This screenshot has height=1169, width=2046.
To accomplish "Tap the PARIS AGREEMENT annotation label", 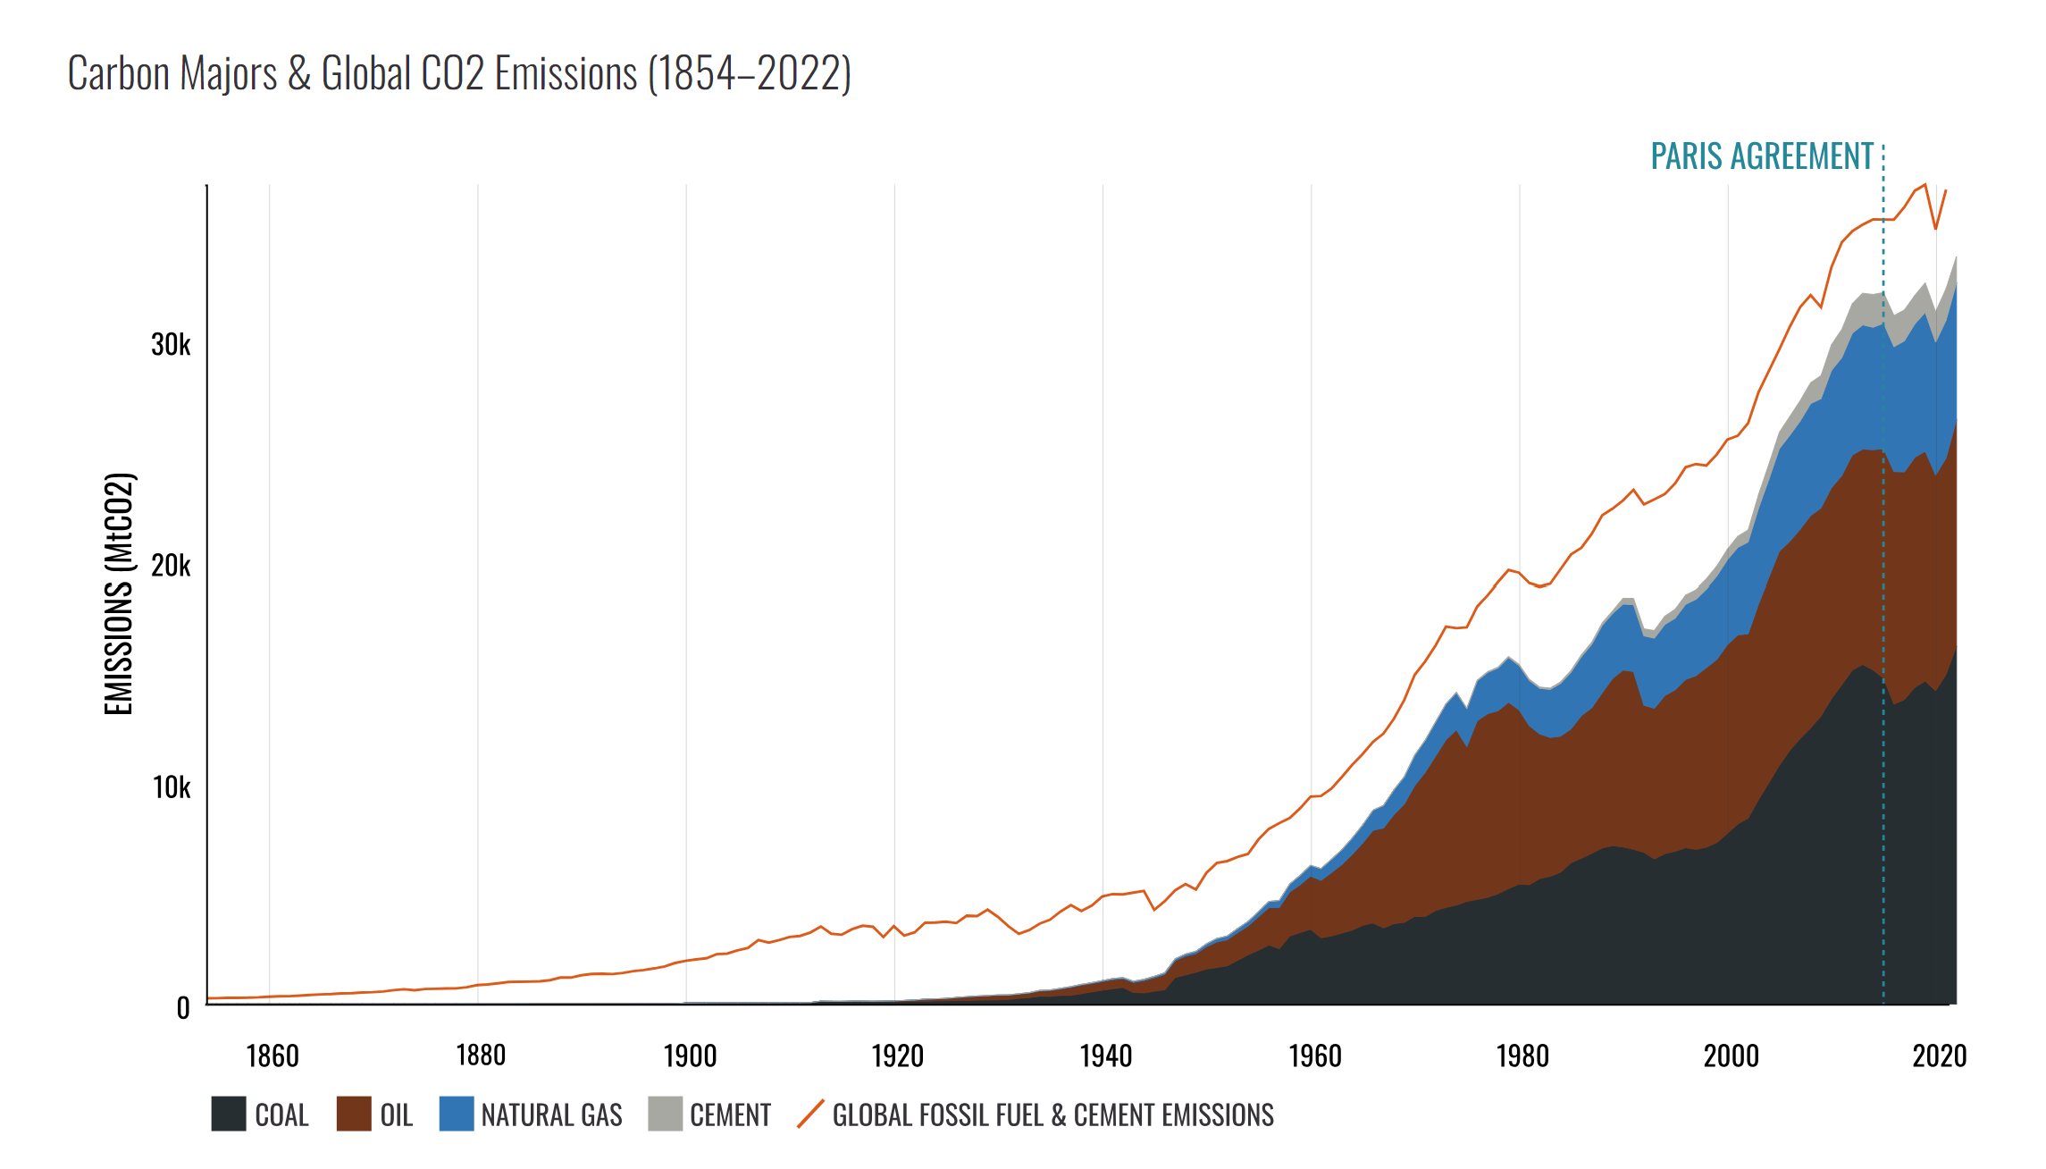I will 1761,156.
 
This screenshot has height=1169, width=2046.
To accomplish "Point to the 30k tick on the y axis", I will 171,344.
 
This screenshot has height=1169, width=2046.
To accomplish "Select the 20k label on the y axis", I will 171,566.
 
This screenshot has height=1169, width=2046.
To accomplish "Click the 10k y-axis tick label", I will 171,787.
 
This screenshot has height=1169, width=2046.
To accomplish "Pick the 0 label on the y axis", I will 183,1008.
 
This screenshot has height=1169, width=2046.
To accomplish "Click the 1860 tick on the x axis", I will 272,1056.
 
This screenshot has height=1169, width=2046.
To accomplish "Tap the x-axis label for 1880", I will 481,1056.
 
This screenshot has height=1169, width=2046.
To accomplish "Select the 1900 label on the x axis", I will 690,1056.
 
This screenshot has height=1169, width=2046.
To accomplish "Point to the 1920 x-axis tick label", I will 897,1056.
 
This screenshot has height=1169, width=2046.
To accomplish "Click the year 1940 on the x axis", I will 1105,1056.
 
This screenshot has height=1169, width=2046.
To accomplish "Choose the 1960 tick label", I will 1314,1056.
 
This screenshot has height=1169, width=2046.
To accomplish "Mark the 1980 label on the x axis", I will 1522,1056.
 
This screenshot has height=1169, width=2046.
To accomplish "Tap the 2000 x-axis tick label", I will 1731,1056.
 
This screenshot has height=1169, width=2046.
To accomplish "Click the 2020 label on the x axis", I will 1939,1056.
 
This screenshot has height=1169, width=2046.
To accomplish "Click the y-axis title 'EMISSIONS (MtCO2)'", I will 119,593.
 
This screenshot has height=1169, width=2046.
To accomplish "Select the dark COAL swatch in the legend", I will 229,1114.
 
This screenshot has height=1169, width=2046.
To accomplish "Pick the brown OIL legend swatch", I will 354,1114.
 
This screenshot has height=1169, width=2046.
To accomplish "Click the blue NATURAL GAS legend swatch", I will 457,1114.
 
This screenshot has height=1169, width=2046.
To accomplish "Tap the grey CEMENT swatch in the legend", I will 665,1114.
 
